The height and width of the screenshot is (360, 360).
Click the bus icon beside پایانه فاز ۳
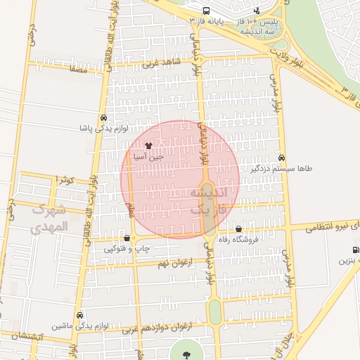(206, 11)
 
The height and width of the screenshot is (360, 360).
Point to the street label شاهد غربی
(162, 63)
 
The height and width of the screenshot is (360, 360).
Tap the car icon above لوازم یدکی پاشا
(104, 118)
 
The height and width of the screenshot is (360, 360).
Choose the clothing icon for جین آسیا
(148, 146)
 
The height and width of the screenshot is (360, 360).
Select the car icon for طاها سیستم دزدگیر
(282, 158)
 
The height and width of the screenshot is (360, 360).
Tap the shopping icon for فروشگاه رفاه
(239, 229)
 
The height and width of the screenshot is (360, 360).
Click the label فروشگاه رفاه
(240, 239)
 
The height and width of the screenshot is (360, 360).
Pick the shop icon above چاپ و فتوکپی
(127, 238)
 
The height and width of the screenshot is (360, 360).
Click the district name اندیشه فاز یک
(204, 201)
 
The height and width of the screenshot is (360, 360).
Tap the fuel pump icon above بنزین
(356, 250)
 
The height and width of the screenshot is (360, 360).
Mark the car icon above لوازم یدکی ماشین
(79, 315)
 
